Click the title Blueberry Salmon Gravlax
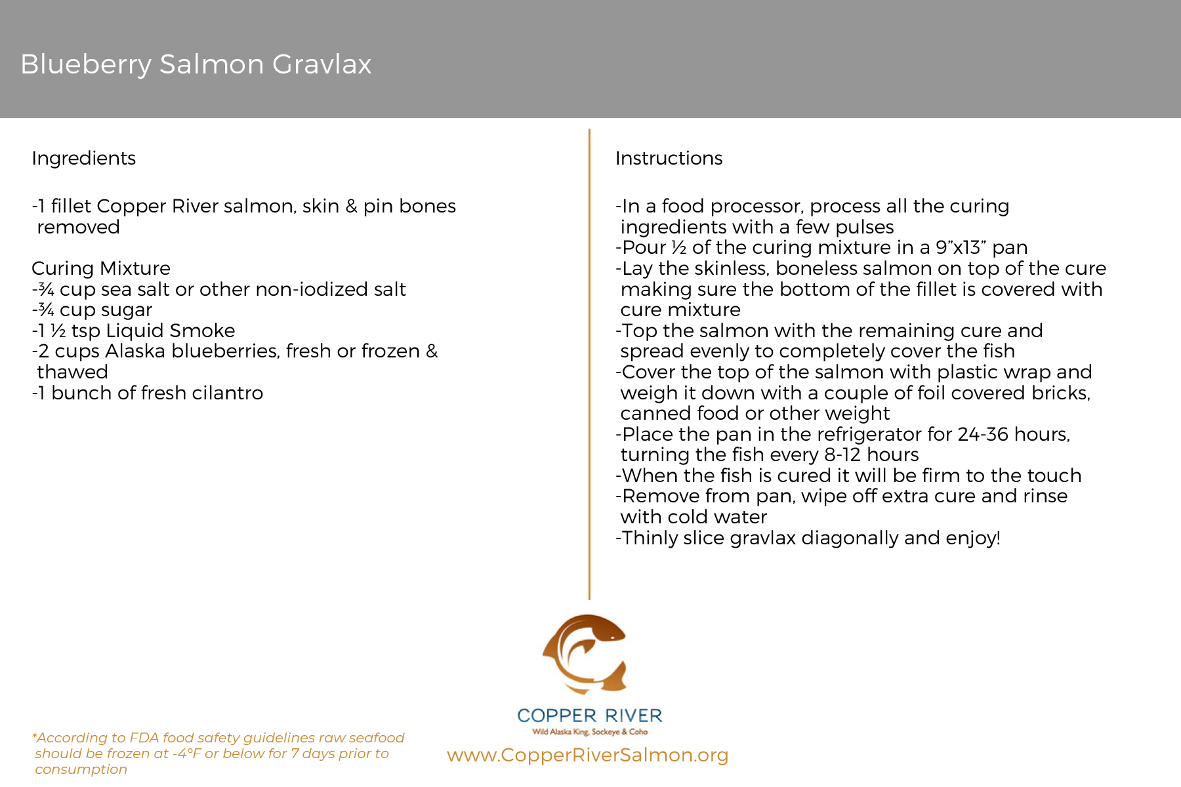pos(196,64)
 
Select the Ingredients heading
pos(83,158)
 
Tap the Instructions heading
pos(669,158)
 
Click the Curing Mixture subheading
pos(101,268)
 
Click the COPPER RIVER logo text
pos(589,716)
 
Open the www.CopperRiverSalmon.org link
pos(587,755)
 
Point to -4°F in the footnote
pos(186,754)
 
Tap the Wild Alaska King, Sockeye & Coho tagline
pos(589,732)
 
